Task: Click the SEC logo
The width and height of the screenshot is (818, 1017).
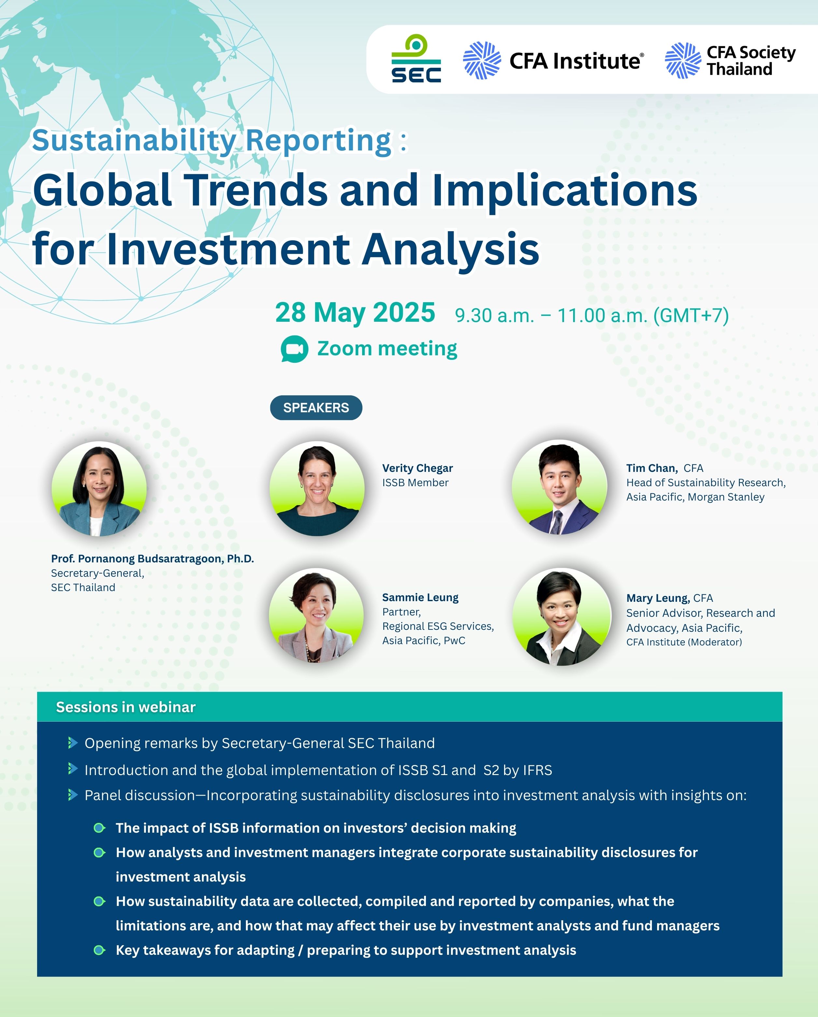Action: tap(416, 59)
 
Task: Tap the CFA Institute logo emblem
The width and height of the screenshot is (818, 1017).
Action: tap(482, 60)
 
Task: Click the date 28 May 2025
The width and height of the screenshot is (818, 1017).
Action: tap(355, 312)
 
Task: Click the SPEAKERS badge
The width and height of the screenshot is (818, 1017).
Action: tap(316, 408)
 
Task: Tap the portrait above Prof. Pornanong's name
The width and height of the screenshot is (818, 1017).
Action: tap(99, 489)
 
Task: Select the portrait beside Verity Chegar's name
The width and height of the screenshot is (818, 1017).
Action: tap(317, 489)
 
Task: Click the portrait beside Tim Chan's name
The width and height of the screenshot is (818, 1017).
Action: tap(559, 487)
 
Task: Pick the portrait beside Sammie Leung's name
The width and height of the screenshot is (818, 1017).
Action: tap(316, 615)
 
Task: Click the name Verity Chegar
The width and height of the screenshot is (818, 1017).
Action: tap(417, 468)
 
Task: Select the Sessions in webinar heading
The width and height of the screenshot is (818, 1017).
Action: tap(125, 707)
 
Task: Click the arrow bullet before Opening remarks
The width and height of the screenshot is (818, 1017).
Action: tap(73, 743)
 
